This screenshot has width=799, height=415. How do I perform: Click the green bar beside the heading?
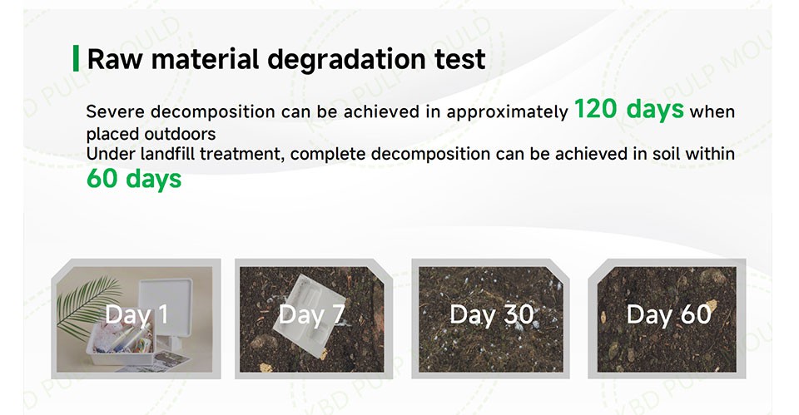76,58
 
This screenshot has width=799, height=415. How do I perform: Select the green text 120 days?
629,110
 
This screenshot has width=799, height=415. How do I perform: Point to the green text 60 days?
134,179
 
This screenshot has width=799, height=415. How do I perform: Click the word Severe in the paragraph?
115,111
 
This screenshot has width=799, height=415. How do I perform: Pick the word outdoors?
180,134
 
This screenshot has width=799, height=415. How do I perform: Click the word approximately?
507,112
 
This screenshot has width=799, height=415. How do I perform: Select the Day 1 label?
136,314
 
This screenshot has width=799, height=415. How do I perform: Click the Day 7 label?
312,314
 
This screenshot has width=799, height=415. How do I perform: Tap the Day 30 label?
492,314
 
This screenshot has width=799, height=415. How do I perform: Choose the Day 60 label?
668,314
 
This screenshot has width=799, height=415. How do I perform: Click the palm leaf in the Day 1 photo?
87,304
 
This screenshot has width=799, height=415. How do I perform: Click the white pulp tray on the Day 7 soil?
309,316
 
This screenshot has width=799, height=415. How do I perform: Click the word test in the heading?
460,60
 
